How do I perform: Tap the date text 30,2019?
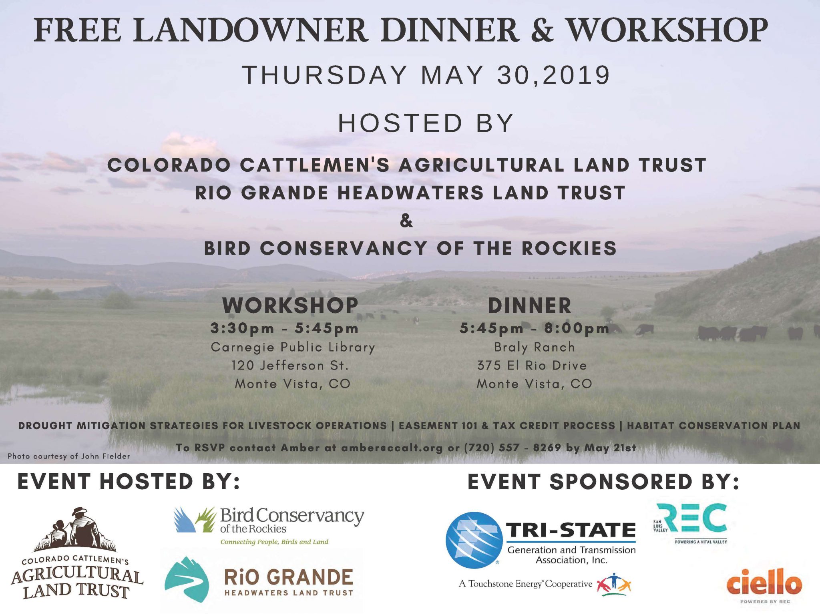pos(554,75)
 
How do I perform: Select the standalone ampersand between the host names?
pos(406,221)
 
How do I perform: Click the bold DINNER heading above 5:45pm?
pos(530,305)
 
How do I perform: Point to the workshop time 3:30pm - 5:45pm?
pos(284,328)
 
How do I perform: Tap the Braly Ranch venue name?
pos(535,347)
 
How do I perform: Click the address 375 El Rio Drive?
pos(532,365)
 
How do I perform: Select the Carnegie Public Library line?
pos(293,347)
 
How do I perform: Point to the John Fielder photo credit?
pos(68,456)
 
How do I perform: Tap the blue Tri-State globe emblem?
pos(474,540)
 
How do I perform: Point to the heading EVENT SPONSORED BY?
pos(603,482)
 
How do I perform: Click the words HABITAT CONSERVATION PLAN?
pos(713,426)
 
